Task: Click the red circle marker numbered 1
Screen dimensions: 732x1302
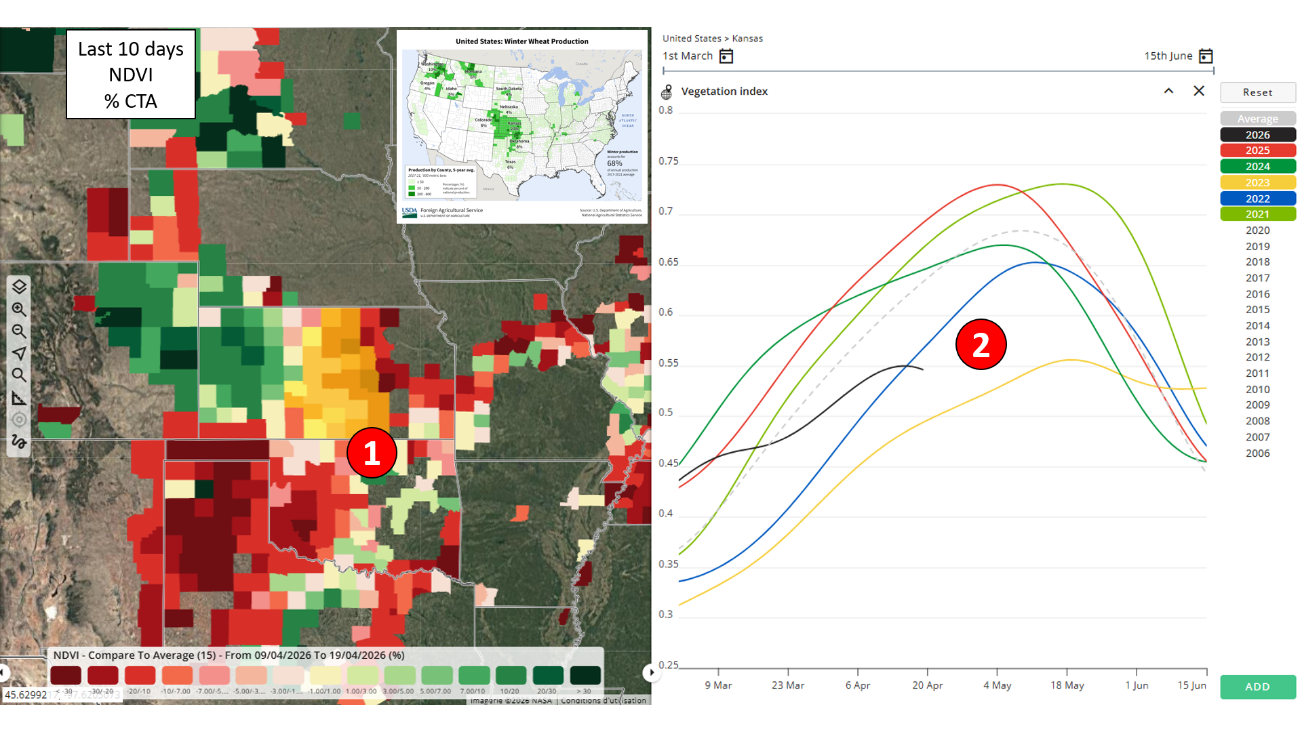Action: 372,453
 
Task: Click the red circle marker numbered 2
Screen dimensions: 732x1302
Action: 981,344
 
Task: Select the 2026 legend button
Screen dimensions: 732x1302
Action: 1257,135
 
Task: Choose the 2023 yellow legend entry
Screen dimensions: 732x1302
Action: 1257,182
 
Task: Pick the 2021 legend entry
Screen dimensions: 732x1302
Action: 1257,214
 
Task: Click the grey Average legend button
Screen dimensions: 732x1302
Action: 1257,119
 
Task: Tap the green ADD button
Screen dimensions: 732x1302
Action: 1257,687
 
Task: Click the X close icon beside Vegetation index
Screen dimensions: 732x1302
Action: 1198,91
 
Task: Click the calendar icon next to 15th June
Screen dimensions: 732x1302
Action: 1206,56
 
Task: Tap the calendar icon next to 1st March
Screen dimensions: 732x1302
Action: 726,56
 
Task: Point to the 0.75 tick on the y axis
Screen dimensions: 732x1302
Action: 668,161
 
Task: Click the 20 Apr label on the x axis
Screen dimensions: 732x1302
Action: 927,685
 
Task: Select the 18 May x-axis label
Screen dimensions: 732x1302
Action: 1067,685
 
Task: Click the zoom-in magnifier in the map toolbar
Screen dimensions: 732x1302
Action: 19,310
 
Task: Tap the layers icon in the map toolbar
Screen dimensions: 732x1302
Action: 19,287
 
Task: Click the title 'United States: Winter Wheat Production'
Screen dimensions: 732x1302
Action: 521,41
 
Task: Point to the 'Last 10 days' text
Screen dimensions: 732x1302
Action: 131,49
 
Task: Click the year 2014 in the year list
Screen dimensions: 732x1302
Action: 1257,325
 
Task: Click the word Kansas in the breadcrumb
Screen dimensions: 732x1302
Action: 747,39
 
